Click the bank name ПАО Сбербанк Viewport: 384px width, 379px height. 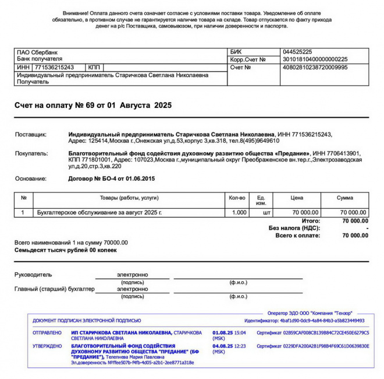37,52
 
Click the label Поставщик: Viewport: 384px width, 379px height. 31,134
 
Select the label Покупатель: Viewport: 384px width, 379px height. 31,153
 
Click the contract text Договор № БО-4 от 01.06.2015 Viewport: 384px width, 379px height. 112,178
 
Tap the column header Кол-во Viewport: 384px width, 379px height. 237,198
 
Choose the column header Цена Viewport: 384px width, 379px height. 297,198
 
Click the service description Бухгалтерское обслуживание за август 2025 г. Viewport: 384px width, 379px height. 99,213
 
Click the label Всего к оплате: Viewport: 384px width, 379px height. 298,236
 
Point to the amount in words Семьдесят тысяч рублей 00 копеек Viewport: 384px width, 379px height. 65,250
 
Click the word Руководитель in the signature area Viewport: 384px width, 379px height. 33,275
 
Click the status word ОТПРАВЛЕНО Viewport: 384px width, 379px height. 47,333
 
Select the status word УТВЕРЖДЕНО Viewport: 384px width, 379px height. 47,346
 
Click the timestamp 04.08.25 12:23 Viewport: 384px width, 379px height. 229,346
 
